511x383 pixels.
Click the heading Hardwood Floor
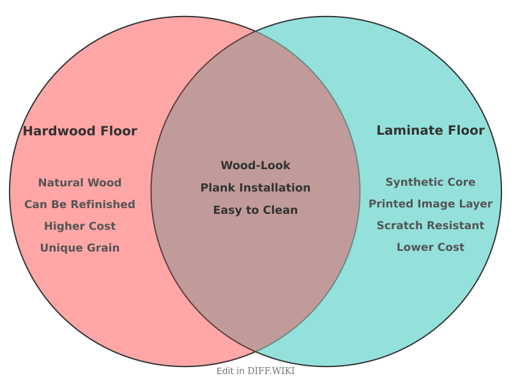coord(80,131)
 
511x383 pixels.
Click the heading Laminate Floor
coord(430,130)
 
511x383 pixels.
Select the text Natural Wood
coord(80,183)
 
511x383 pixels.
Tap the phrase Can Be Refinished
coord(80,204)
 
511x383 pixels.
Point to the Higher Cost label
coord(80,226)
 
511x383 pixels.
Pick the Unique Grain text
coord(80,248)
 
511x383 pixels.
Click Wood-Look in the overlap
coord(256,165)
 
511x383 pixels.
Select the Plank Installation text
coord(256,188)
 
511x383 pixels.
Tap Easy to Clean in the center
coord(256,210)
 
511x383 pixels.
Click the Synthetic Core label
coord(430,182)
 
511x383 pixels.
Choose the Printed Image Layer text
coord(430,204)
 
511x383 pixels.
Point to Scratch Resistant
coord(430,225)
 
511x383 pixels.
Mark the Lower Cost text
coord(430,247)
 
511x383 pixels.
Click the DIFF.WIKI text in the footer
coord(271,371)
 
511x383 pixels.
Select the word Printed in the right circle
coord(389,204)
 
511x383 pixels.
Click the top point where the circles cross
coord(256,31)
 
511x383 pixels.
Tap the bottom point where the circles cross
coord(256,352)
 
